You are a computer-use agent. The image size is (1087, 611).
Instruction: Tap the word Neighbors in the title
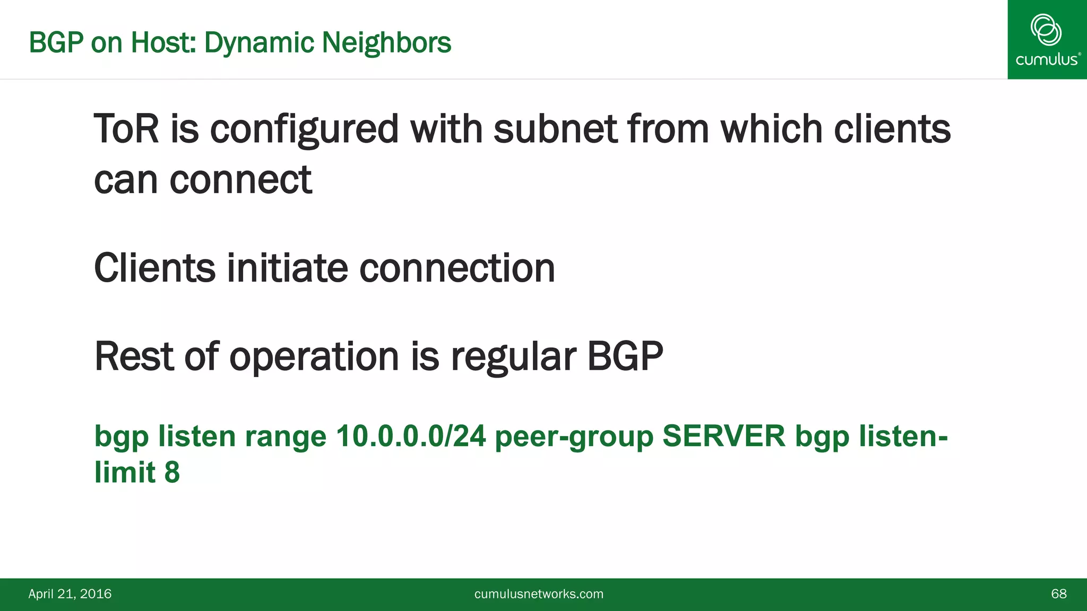(x=386, y=42)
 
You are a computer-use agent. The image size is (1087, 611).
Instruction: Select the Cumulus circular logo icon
(x=1046, y=30)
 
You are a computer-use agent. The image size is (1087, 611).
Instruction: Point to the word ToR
(x=126, y=129)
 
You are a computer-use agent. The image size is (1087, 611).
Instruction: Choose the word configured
(x=304, y=130)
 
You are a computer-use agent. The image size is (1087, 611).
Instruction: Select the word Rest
(x=134, y=356)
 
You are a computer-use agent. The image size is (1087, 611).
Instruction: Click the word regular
(x=513, y=357)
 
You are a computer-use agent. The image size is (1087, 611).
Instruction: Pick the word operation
(x=314, y=357)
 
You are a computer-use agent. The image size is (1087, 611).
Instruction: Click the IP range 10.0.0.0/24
(x=411, y=436)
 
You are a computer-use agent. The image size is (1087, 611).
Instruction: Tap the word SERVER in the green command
(x=723, y=436)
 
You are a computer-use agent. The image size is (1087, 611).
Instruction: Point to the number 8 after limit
(x=172, y=472)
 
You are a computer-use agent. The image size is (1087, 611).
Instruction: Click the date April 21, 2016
(x=70, y=593)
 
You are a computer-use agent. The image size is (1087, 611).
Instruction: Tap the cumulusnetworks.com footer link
(x=539, y=593)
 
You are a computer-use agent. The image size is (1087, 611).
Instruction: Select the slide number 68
(x=1058, y=593)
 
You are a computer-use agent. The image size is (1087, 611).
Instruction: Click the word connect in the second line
(x=240, y=180)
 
